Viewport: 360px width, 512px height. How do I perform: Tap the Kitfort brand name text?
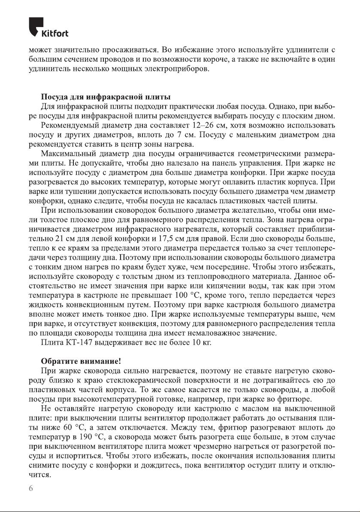pos(55,33)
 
